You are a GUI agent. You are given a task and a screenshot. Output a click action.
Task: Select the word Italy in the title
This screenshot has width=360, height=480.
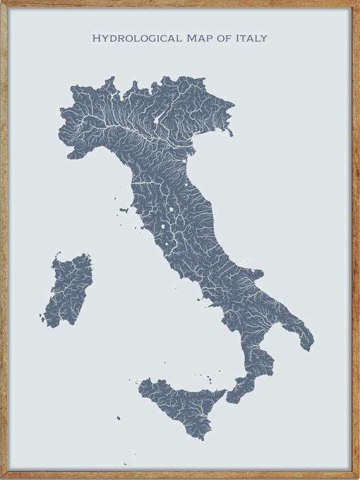(x=251, y=39)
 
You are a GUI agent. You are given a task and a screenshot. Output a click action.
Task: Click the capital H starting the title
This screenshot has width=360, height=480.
(x=96, y=39)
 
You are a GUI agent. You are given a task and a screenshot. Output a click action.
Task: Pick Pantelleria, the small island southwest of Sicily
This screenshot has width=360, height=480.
(x=118, y=418)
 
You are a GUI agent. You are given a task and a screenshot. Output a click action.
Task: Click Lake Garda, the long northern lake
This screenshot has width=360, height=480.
(x=155, y=119)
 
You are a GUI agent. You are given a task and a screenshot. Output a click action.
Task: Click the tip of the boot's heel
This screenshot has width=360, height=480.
(x=309, y=347)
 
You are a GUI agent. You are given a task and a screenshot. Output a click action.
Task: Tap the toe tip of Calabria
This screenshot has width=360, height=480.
(x=231, y=402)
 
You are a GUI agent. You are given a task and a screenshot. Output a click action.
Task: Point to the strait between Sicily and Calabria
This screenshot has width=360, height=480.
(x=227, y=392)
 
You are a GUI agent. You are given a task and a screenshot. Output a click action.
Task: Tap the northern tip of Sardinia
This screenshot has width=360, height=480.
(x=58, y=256)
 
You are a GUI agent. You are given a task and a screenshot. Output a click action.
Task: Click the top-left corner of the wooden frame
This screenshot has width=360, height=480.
(x=3, y=3)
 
